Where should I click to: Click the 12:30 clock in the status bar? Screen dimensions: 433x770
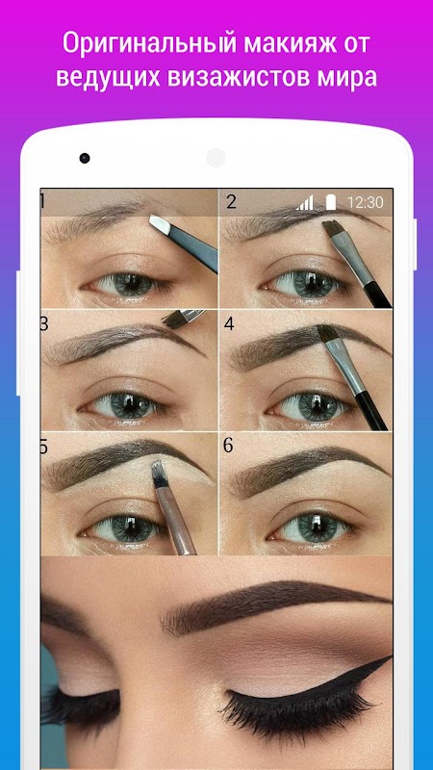(366, 202)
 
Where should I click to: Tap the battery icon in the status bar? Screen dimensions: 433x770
(330, 202)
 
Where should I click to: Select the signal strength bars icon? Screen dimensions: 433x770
(304, 202)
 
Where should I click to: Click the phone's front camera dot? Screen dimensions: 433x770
(85, 158)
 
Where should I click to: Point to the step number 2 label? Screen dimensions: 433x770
(231, 202)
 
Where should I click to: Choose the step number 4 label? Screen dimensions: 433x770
(229, 323)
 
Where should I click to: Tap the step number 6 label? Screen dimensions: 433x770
(228, 446)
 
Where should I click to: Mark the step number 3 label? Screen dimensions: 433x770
(44, 323)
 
